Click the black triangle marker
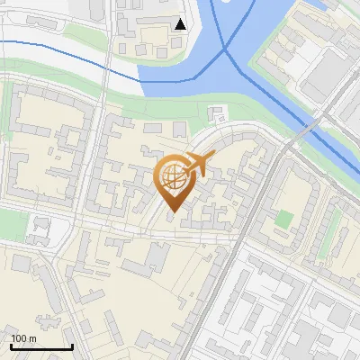click(182, 23)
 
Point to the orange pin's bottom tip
click(173, 212)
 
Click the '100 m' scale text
click(24, 337)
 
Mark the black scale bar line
click(40, 346)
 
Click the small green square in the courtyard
click(284, 219)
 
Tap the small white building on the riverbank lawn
click(216, 113)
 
